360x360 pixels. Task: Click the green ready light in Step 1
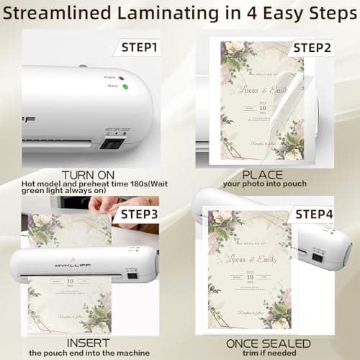click(125, 88)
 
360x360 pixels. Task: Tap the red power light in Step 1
click(122, 76)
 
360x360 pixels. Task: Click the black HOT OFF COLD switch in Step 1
click(111, 142)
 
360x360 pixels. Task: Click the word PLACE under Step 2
click(263, 175)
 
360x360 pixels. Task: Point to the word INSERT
click(88, 343)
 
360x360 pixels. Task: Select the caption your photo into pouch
click(263, 185)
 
